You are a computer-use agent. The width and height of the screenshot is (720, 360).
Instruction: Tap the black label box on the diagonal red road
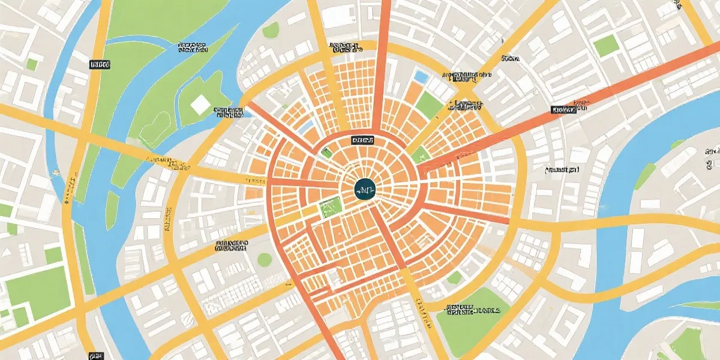[x=563, y=110]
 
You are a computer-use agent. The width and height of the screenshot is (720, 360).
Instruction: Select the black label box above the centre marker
[x=362, y=140]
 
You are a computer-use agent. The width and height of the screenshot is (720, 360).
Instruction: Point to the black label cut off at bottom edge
[x=95, y=355]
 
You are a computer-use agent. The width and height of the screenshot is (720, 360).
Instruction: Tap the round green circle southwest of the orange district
[x=265, y=259]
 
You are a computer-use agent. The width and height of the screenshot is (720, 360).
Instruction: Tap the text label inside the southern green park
[x=472, y=310]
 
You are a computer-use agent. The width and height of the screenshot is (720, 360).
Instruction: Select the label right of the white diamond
[x=228, y=112]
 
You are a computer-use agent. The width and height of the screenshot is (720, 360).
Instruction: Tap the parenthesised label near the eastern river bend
[x=565, y=170]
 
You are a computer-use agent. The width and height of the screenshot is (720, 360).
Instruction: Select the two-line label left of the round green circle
[x=231, y=245]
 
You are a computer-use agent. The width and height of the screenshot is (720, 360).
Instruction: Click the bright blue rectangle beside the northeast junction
[x=422, y=77]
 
